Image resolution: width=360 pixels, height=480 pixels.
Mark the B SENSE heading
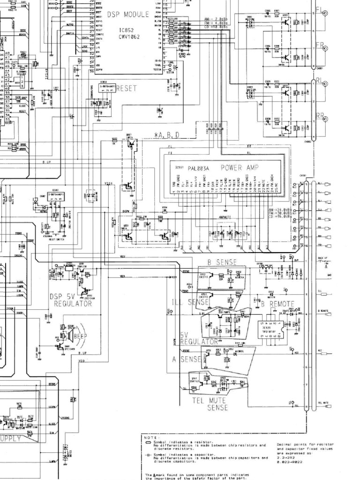[x=222, y=262]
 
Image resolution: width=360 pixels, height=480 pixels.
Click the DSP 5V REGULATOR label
[x=71, y=300]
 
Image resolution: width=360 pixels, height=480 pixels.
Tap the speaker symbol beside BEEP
[x=70, y=334]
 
